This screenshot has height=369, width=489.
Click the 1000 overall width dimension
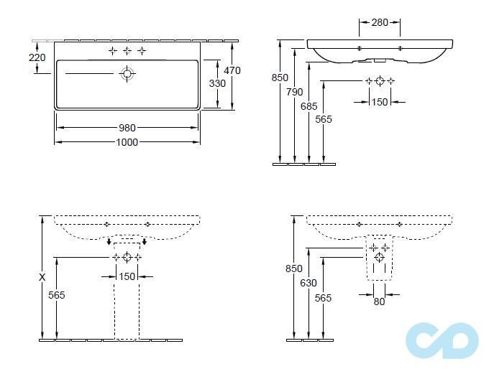[127, 142]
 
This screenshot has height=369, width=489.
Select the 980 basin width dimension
[127, 128]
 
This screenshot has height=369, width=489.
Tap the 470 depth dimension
[232, 70]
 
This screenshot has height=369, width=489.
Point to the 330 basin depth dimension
[217, 83]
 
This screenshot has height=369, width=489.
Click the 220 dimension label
[37, 57]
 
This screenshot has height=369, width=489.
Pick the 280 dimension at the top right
[380, 22]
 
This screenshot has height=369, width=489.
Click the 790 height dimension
[295, 92]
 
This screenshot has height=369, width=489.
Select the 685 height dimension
[309, 106]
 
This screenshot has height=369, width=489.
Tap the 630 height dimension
[309, 283]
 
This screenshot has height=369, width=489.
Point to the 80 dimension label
[379, 302]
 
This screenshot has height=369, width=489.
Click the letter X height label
[42, 277]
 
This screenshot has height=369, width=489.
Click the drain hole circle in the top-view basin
[127, 74]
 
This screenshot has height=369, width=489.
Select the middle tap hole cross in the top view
[127, 51]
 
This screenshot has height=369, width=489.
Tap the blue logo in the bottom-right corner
[442, 340]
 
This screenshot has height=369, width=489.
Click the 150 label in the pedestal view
[127, 276]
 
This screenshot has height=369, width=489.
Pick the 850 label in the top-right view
[280, 78]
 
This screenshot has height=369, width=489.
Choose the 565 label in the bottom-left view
[57, 295]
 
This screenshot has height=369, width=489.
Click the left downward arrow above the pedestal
[109, 242]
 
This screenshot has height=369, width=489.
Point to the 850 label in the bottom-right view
[294, 268]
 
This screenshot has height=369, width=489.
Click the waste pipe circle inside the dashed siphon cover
[379, 258]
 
